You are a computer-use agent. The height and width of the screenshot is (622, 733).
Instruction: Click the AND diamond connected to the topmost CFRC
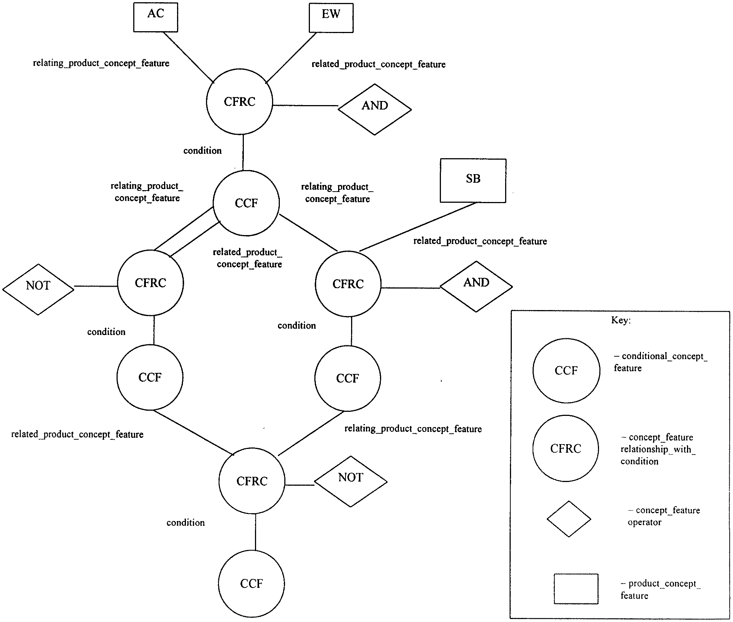375,110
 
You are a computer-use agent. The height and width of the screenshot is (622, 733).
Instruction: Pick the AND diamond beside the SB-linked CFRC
476,287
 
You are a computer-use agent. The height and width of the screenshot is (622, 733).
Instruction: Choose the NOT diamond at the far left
38,290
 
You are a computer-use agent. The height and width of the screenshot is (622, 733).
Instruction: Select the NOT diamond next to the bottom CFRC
351,482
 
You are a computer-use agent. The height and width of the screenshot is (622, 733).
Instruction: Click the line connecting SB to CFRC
418,227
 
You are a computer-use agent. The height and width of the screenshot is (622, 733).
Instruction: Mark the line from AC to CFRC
189,58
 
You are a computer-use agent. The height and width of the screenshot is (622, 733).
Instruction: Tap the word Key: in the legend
621,320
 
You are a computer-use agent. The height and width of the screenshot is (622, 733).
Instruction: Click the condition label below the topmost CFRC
203,150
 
